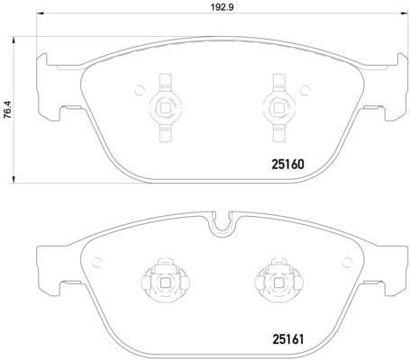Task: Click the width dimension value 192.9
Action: click(222, 7)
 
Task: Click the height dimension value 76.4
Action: click(7, 110)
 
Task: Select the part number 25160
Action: click(287, 164)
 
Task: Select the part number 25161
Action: click(287, 339)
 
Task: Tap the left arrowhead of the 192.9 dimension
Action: click(41, 13)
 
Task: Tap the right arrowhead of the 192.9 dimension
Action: click(401, 13)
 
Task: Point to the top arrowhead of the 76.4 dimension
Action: click(13, 40)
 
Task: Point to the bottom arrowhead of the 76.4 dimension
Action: click(13, 179)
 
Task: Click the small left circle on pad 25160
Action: click(139, 90)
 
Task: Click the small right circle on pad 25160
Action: click(305, 90)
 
